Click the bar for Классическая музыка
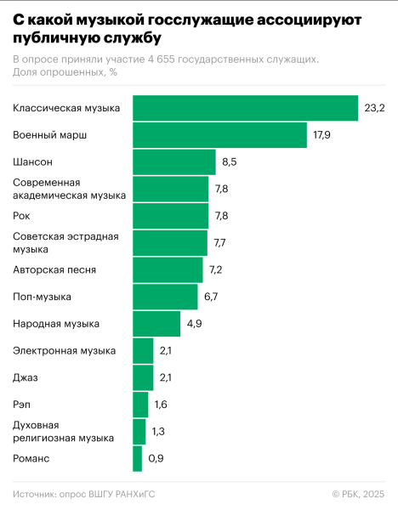click(x=245, y=108)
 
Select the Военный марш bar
click(x=219, y=135)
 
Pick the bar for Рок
click(x=170, y=216)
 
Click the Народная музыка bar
click(x=156, y=324)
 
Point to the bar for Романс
click(x=137, y=459)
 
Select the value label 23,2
click(x=374, y=108)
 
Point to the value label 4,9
click(x=195, y=324)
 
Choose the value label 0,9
click(x=156, y=459)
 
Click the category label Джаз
click(x=26, y=377)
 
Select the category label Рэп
click(x=23, y=405)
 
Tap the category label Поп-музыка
click(x=43, y=297)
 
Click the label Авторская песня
click(x=54, y=270)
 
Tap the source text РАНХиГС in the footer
click(x=134, y=494)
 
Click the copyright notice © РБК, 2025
click(x=358, y=494)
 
